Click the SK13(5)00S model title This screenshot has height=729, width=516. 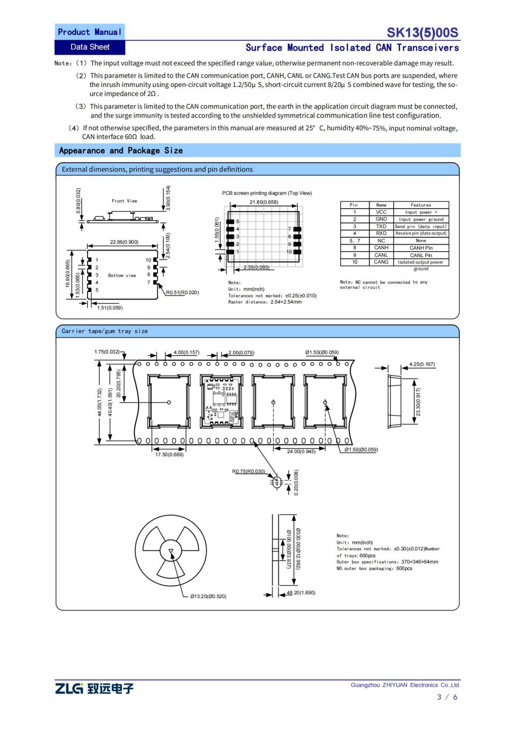tap(422, 33)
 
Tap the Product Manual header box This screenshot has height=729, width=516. tap(90, 32)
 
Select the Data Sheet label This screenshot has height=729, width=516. tap(90, 47)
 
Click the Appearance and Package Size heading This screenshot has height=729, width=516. tap(121, 151)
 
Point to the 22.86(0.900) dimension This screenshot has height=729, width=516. tap(124, 242)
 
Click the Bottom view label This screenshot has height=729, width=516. tap(122, 275)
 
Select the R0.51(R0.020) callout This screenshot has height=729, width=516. tap(182, 293)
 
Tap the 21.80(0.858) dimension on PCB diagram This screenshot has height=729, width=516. tap(264, 202)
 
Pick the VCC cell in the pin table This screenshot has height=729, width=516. tap(381, 212)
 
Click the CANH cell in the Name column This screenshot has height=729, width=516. tap(381, 248)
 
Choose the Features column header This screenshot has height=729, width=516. tap(421, 205)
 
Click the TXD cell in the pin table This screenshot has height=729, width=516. tap(381, 227)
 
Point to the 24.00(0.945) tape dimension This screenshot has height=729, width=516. tap(301, 451)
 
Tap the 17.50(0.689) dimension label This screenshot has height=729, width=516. tap(169, 455)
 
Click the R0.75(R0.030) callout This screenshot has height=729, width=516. tap(248, 471)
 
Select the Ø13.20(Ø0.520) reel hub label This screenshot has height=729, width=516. tap(208, 596)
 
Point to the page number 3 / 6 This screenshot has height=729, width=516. tap(447, 697)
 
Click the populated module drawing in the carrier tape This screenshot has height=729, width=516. tap(221, 401)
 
